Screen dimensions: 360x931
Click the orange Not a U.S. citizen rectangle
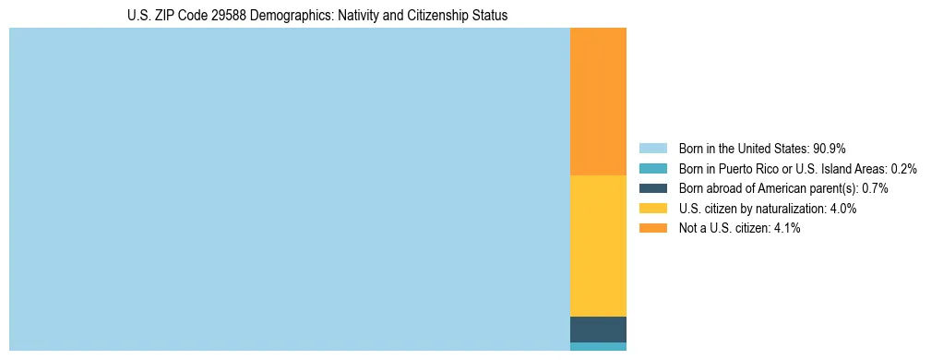[x=598, y=102]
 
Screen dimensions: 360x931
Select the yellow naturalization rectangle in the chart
[x=598, y=246]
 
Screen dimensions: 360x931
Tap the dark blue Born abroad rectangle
[x=598, y=330]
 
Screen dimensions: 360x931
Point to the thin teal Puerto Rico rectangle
[x=598, y=347]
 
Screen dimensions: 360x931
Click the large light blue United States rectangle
[x=290, y=189]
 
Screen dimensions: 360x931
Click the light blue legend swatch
[x=652, y=148]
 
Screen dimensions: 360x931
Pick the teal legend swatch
[x=652, y=168]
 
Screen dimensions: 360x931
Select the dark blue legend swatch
[x=652, y=188]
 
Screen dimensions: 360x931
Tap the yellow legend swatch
[x=652, y=209]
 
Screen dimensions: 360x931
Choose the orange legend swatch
[x=652, y=229]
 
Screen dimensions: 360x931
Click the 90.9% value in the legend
[x=830, y=148]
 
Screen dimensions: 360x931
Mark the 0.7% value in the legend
[x=875, y=188]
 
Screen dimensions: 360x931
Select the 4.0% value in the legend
[x=842, y=209]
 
